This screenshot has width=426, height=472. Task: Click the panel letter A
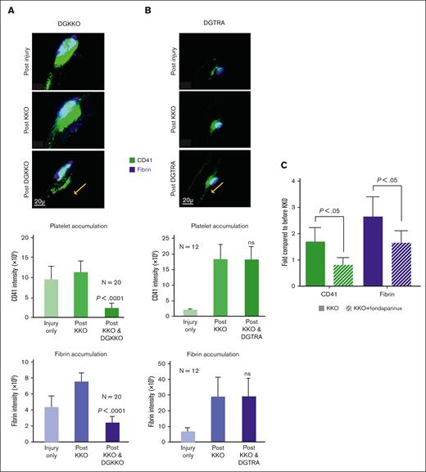(13, 11)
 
